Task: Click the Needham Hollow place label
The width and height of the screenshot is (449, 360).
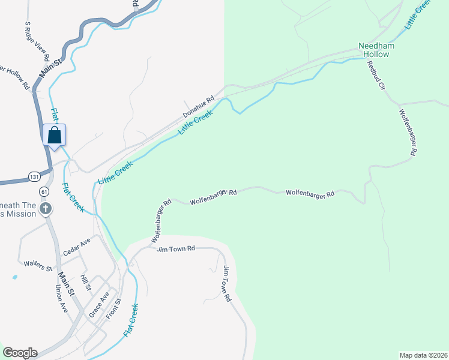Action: [x=373, y=50]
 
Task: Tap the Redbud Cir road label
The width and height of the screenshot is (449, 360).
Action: [x=375, y=76]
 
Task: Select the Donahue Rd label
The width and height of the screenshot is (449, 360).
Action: [x=199, y=108]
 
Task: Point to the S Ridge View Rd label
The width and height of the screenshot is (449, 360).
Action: [x=36, y=42]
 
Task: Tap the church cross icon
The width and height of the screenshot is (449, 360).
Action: [x=45, y=209]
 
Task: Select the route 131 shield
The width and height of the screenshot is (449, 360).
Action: [x=35, y=176]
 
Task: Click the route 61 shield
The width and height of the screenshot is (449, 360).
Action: [x=44, y=191]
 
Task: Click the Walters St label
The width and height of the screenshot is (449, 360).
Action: [x=38, y=265]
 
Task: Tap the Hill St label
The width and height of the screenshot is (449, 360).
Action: [x=85, y=283]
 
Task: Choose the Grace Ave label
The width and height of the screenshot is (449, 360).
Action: [x=99, y=305]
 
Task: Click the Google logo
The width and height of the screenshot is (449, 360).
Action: [x=20, y=353]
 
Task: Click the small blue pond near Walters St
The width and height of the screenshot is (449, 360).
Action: [x=14, y=278]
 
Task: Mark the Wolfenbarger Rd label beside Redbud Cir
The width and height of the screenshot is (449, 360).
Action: [x=407, y=133]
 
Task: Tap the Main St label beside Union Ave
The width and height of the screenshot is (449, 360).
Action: [x=66, y=283]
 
